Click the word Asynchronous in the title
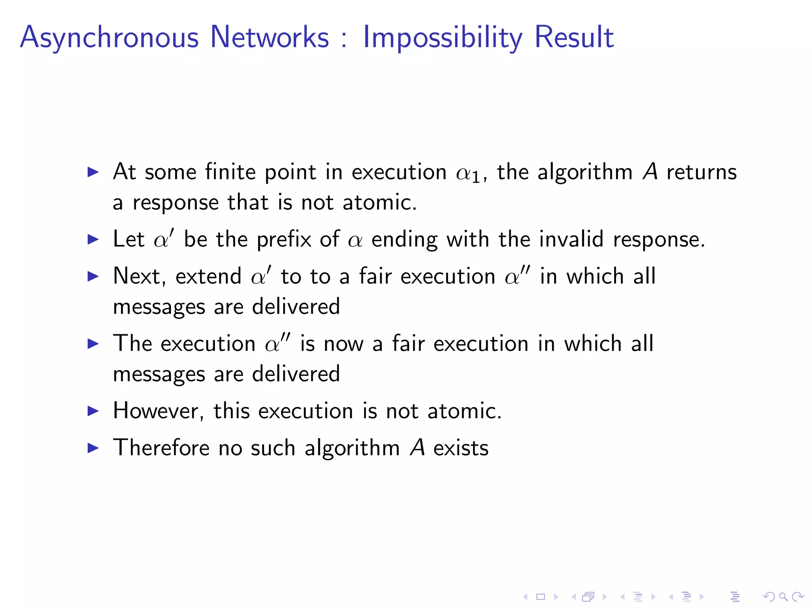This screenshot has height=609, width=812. pyautogui.click(x=109, y=38)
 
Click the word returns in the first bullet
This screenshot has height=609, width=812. pyautogui.click(x=701, y=172)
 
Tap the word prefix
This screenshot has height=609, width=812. pyautogui.click(x=284, y=240)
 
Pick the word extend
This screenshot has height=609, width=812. pyautogui.click(x=208, y=276)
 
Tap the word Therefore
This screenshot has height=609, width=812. pyautogui.click(x=161, y=448)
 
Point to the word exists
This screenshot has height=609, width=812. pyautogui.click(x=461, y=448)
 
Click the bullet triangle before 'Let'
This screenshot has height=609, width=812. pyautogui.click(x=93, y=239)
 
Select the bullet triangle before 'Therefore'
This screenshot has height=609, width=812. pyautogui.click(x=93, y=448)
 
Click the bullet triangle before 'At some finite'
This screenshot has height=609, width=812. pyautogui.click(x=93, y=172)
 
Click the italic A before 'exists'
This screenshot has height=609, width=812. pyautogui.click(x=417, y=448)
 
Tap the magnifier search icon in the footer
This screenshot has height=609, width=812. pyautogui.click(x=783, y=597)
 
